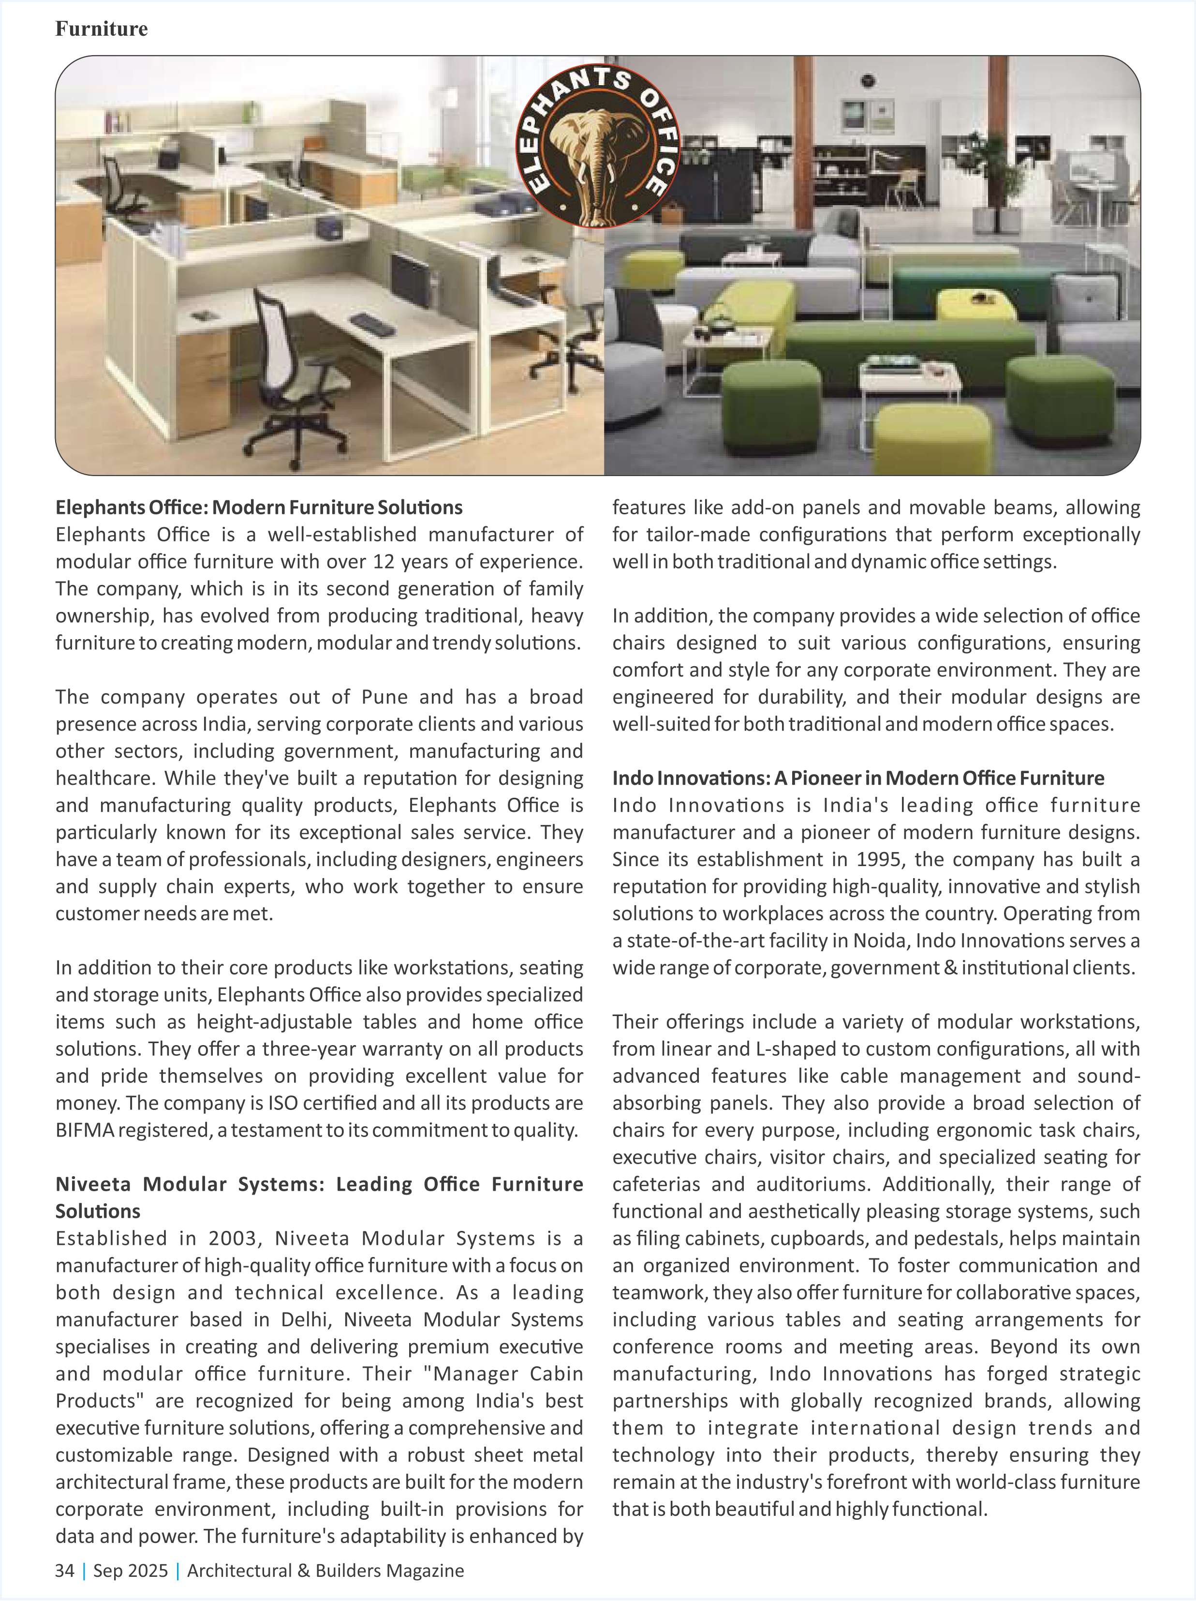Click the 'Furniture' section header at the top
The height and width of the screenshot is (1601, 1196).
click(x=101, y=29)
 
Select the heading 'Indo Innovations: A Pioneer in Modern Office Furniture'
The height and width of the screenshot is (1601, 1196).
click(x=858, y=778)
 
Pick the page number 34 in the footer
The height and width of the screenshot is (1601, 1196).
click(x=64, y=1571)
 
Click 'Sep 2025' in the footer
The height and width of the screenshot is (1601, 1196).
click(x=130, y=1571)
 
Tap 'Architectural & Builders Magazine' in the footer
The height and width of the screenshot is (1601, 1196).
click(x=325, y=1571)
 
